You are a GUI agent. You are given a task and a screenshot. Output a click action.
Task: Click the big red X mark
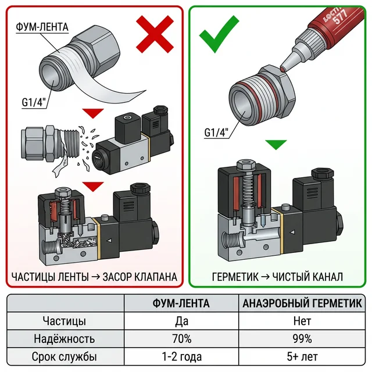click(x=155, y=34)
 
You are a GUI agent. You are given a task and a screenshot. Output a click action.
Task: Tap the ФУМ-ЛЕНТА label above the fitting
click(x=42, y=27)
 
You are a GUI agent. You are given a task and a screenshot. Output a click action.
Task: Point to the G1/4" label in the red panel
click(x=34, y=102)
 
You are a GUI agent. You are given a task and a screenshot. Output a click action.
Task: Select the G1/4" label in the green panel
click(x=216, y=132)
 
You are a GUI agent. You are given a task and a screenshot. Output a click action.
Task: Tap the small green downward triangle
click(x=276, y=145)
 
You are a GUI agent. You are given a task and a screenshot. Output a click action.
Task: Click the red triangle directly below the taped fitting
click(x=93, y=113)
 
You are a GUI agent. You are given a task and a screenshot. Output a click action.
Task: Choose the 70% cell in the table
click(x=182, y=338)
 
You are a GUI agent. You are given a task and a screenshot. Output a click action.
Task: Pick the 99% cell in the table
click(x=302, y=338)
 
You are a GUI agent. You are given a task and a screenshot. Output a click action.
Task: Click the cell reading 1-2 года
click(x=182, y=356)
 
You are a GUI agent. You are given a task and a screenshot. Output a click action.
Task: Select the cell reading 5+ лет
click(x=302, y=356)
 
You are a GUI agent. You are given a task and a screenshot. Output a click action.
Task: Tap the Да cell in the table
click(x=182, y=321)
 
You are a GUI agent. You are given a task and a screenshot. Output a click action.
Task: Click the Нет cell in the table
click(x=302, y=321)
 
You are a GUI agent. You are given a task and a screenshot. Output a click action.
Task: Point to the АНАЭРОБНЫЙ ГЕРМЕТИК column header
click(x=302, y=303)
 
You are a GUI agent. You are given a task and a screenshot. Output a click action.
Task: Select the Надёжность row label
click(x=65, y=338)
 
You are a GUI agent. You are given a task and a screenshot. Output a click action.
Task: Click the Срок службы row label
click(x=65, y=356)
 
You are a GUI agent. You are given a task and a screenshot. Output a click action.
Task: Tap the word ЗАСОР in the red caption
click(x=117, y=277)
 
